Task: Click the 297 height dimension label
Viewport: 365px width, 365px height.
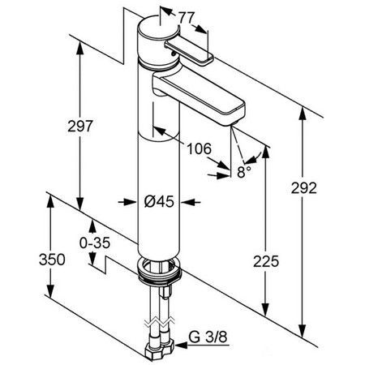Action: (80, 126)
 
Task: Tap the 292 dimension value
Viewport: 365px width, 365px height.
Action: (304, 188)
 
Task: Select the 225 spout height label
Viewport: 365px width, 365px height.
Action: (266, 261)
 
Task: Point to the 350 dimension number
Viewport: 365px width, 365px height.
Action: (52, 260)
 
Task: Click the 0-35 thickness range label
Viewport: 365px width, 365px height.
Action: (95, 243)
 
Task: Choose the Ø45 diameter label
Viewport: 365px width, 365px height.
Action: (159, 201)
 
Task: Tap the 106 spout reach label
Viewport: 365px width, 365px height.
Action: (200, 149)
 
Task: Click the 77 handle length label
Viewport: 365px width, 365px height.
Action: (187, 18)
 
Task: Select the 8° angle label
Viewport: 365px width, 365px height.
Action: (244, 172)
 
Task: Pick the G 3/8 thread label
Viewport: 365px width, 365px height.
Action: (208, 337)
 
